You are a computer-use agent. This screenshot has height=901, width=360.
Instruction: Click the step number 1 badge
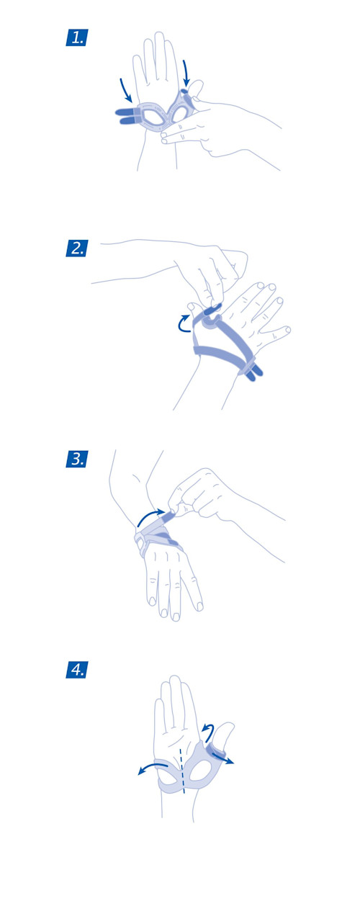(x=76, y=37)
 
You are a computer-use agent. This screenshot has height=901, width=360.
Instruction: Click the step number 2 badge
(x=76, y=248)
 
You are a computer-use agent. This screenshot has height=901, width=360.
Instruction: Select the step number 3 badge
(x=76, y=459)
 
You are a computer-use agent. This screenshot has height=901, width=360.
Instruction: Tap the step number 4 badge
(x=76, y=670)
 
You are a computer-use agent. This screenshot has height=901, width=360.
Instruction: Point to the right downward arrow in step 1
(x=186, y=73)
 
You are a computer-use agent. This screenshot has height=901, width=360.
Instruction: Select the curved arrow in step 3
(x=150, y=516)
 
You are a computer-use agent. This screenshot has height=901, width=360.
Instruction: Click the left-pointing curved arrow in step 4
(x=152, y=766)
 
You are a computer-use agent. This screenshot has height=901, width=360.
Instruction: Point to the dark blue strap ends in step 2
(x=255, y=372)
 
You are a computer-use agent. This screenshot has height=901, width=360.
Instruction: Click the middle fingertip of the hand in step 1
(x=159, y=35)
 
